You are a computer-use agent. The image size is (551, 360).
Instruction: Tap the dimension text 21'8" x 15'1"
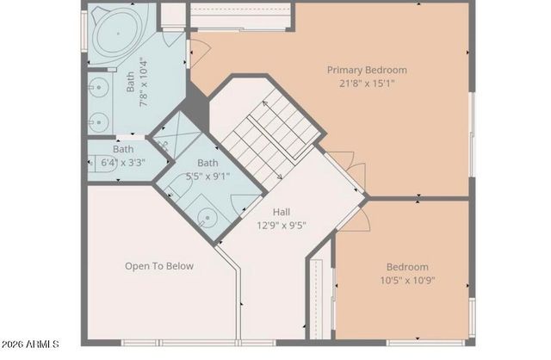click(x=366, y=84)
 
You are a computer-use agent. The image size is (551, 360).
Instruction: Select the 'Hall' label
click(x=282, y=212)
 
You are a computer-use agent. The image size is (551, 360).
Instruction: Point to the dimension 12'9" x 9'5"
click(x=282, y=226)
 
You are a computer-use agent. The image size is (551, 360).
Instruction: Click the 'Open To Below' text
click(x=159, y=266)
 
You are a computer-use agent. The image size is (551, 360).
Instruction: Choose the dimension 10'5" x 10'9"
click(x=407, y=281)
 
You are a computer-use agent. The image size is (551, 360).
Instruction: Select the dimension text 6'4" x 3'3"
click(x=123, y=162)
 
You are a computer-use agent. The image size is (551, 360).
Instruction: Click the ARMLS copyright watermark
click(x=30, y=344)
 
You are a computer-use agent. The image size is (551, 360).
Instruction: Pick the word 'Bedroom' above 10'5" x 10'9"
click(x=407, y=267)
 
